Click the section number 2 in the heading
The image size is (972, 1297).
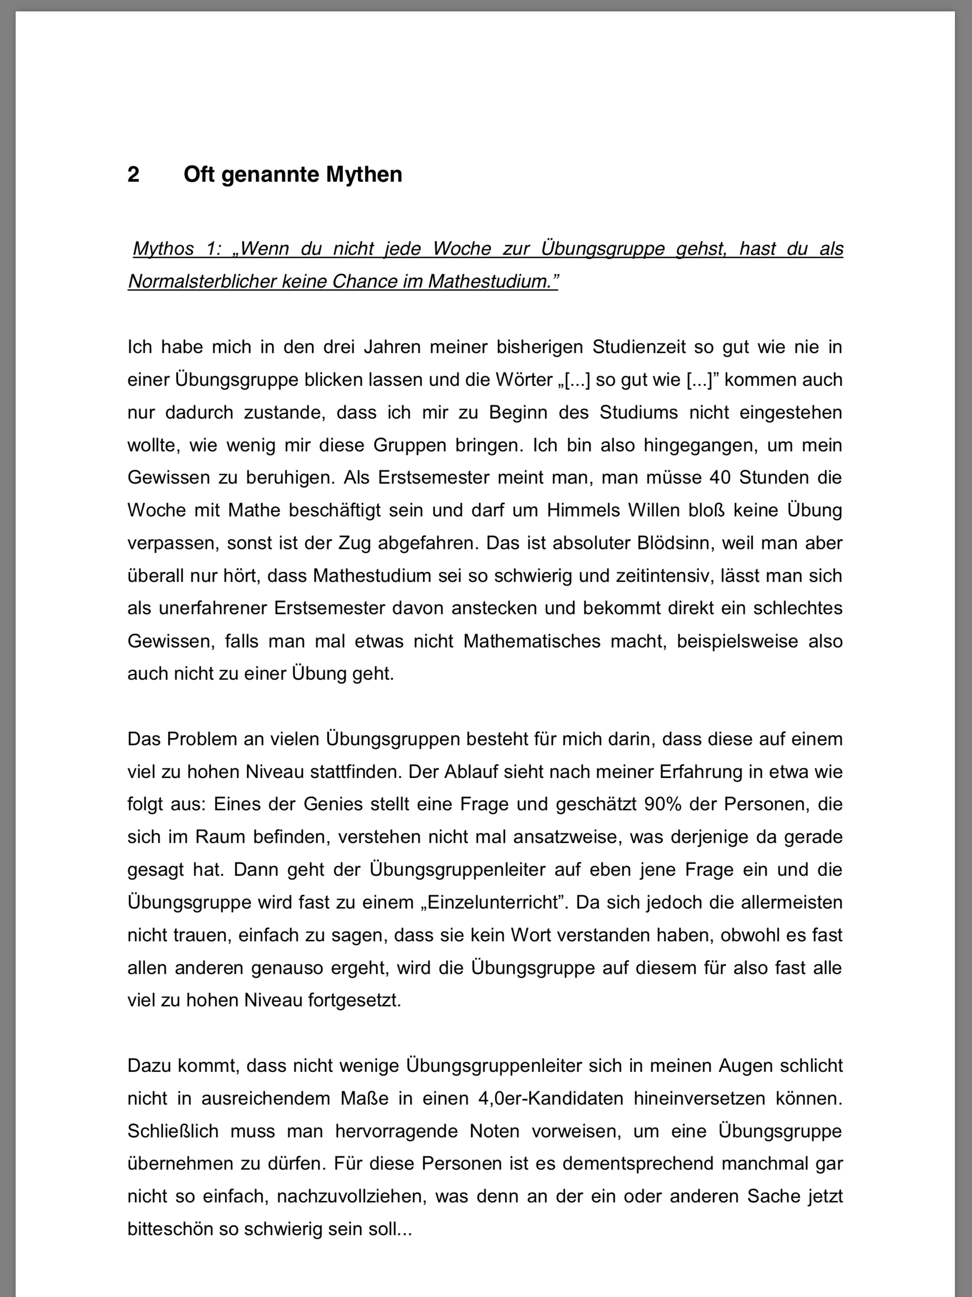click(134, 175)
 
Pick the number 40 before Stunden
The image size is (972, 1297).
click(720, 477)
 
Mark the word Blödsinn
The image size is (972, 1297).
click(670, 543)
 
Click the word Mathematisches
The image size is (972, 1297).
click(532, 641)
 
